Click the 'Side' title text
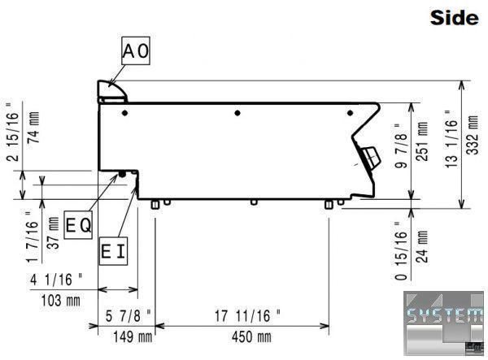point(454,18)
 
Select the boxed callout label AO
point(136,50)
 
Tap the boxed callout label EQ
point(78,225)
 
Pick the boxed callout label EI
point(113,251)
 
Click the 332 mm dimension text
point(473,135)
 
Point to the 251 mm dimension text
point(421,141)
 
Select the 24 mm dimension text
point(421,246)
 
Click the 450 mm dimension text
point(251,337)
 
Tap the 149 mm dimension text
point(133,337)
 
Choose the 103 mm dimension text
point(61,301)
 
